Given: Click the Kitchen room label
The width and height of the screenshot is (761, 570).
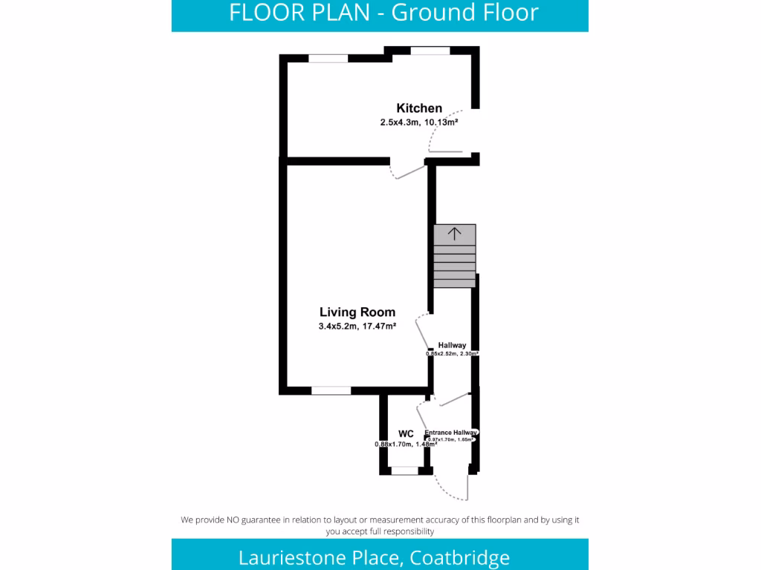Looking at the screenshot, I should pos(419,108).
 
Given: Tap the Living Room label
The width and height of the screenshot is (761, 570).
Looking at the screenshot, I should pos(357,312).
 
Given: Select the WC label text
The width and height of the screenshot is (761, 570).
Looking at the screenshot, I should pos(406,433).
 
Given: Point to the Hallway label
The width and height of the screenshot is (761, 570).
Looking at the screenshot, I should pos(452,345).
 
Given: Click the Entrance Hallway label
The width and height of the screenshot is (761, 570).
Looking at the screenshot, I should pos(450,433).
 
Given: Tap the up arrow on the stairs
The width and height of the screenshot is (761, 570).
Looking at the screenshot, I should pos(454,234).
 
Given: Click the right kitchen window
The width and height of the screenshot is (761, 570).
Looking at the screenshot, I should pos(430,50).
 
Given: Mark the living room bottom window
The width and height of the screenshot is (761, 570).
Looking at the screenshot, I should pos(331,390).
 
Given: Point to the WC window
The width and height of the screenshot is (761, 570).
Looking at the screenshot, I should pos(405,470).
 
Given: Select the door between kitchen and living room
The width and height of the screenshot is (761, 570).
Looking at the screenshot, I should pos(409,172).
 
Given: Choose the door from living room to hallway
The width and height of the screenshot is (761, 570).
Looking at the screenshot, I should pos(422,330).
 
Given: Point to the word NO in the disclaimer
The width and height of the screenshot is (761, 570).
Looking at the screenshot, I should pos(234,520).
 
